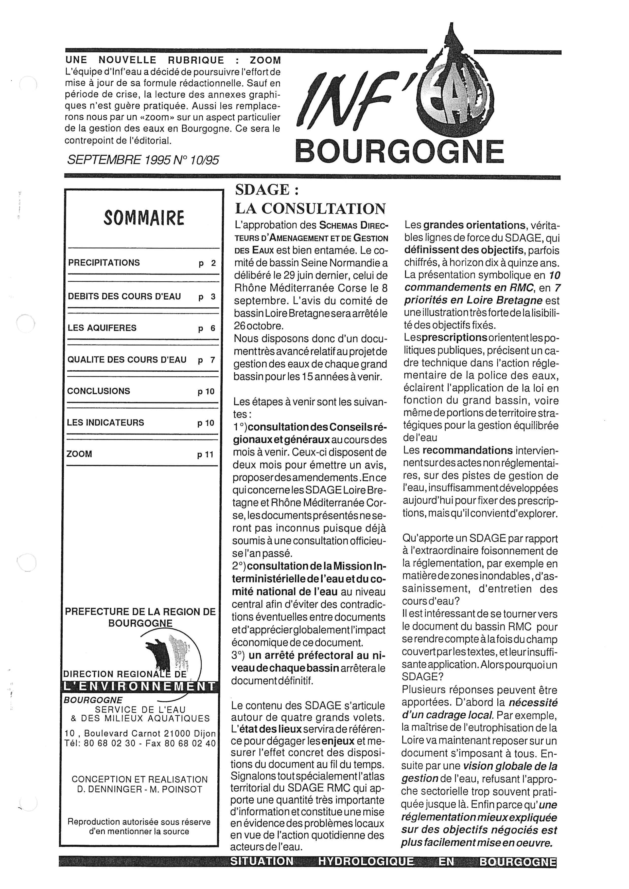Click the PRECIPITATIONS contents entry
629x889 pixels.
pos(104,263)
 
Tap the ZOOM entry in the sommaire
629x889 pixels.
pos(79,454)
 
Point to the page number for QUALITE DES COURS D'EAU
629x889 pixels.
pos(207,360)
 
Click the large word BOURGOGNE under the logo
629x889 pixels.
pos(399,152)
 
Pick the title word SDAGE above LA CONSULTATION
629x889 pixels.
pos(262,190)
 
